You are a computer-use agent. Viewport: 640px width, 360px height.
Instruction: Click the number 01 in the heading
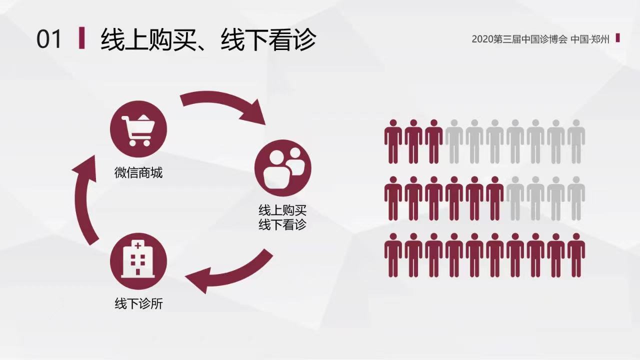pyautogui.click(x=49, y=39)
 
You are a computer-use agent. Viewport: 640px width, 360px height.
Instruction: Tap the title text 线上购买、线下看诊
pyautogui.click(x=208, y=39)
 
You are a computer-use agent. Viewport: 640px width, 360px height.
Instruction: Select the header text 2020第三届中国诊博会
pyautogui.click(x=519, y=39)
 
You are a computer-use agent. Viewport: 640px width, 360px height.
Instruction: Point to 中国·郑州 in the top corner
pyautogui.click(x=590, y=39)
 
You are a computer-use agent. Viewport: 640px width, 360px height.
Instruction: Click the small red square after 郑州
pyautogui.click(x=617, y=38)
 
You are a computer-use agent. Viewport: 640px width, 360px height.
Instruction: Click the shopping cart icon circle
pyautogui.click(x=138, y=129)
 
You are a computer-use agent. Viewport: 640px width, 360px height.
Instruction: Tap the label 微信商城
pyautogui.click(x=138, y=173)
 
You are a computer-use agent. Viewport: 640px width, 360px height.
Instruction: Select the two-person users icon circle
pyautogui.click(x=282, y=167)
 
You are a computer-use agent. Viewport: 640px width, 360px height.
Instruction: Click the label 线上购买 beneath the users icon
pyautogui.click(x=282, y=210)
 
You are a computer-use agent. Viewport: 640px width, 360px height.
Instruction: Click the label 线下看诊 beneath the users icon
pyautogui.click(x=282, y=224)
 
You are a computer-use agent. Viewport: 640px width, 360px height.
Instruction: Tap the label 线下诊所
pyautogui.click(x=138, y=303)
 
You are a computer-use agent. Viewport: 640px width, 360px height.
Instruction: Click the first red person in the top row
pyautogui.click(x=393, y=141)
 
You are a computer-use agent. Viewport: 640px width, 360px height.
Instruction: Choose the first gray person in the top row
pyautogui.click(x=454, y=141)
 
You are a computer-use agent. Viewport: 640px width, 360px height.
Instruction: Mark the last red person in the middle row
pyautogui.click(x=494, y=198)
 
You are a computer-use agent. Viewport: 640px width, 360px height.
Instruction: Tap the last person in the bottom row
pyautogui.click(x=576, y=255)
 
